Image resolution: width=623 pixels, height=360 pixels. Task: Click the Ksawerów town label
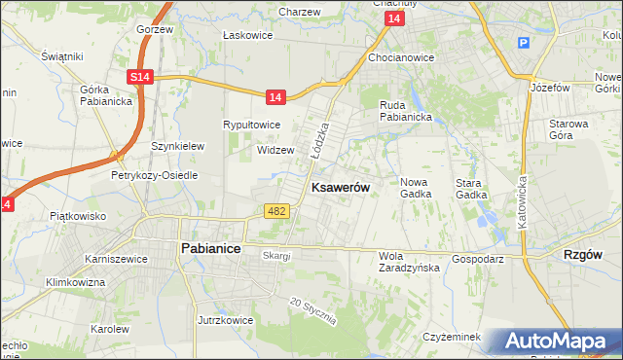pyautogui.click(x=339, y=187)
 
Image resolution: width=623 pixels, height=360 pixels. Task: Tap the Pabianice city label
pyautogui.click(x=211, y=248)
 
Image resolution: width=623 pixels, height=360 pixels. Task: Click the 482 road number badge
pyautogui.click(x=275, y=211)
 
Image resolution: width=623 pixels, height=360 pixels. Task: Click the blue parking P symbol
pyautogui.click(x=523, y=43)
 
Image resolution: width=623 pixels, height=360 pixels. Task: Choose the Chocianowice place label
pyautogui.click(x=401, y=57)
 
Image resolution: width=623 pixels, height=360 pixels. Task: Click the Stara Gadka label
pyautogui.click(x=471, y=188)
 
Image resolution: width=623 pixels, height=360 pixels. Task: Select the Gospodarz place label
pyautogui.click(x=477, y=260)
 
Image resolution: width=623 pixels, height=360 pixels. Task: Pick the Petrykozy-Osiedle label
pyautogui.click(x=154, y=176)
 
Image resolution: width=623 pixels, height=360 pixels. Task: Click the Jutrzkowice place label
pyautogui.click(x=225, y=319)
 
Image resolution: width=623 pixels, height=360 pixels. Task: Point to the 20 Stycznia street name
pyautogui.click(x=312, y=311)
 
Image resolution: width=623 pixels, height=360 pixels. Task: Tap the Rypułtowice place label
pyautogui.click(x=252, y=125)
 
